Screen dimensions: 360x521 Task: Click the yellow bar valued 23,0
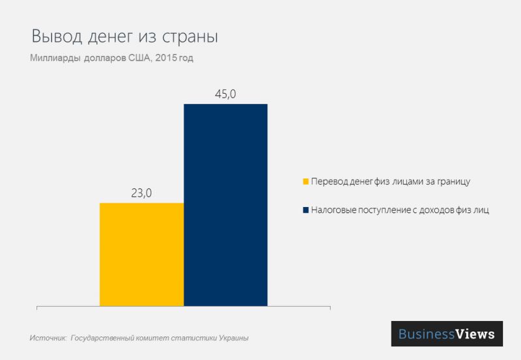click(141, 254)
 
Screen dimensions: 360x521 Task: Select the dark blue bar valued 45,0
click(225, 204)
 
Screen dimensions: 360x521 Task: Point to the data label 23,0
click(141, 193)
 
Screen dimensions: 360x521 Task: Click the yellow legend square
click(305, 181)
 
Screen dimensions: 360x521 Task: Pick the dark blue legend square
click(305, 210)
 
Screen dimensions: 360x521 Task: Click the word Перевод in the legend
click(330, 181)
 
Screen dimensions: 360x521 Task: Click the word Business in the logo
click(427, 334)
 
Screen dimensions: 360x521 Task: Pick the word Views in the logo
click(475, 334)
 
